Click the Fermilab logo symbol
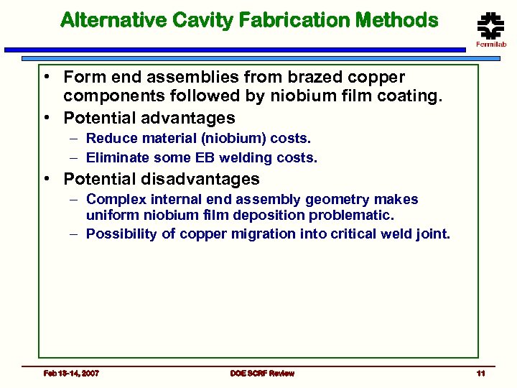click(490, 27)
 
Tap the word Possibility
click(120, 234)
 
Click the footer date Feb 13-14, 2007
click(71, 373)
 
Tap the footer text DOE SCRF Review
click(262, 373)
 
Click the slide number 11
click(480, 373)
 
